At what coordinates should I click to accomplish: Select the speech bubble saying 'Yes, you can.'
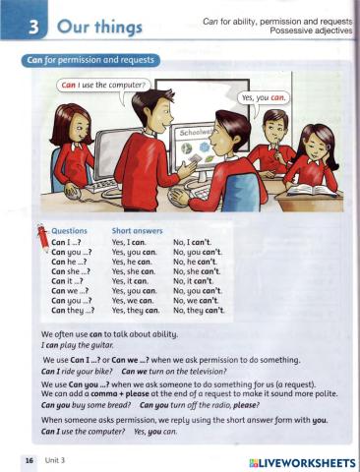pyautogui.click(x=263, y=98)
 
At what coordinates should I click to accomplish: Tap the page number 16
pyautogui.click(x=30, y=460)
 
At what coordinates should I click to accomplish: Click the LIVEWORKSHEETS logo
pyautogui.click(x=302, y=461)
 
